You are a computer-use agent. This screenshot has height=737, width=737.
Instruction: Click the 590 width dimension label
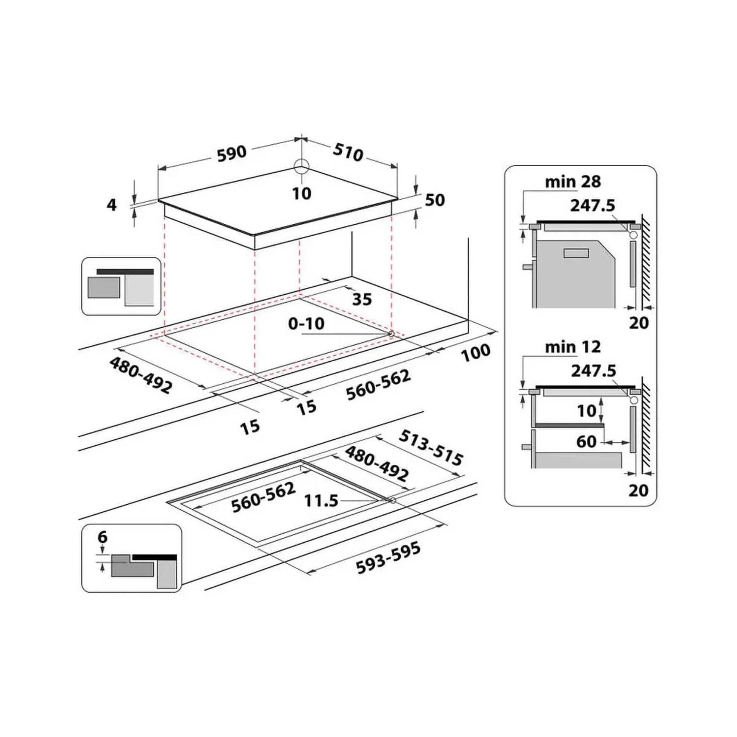[231, 153]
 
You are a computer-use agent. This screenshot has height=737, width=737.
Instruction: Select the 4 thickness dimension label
[111, 205]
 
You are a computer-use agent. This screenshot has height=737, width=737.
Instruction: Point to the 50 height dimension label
[435, 200]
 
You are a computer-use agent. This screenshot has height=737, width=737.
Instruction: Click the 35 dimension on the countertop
[362, 300]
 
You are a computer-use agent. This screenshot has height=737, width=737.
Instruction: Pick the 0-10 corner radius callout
[306, 324]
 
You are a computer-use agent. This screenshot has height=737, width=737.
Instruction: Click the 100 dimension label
[475, 353]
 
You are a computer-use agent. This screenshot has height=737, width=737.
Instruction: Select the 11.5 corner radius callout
[321, 501]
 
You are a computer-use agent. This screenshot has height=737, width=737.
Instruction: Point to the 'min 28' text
[573, 182]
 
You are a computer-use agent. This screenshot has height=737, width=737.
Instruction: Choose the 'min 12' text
[573, 347]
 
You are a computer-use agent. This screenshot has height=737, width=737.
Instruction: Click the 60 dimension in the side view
[586, 441]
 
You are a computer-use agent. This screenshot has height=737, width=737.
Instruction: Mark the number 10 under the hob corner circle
[302, 194]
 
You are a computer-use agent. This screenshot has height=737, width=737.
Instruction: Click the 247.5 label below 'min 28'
[592, 206]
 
